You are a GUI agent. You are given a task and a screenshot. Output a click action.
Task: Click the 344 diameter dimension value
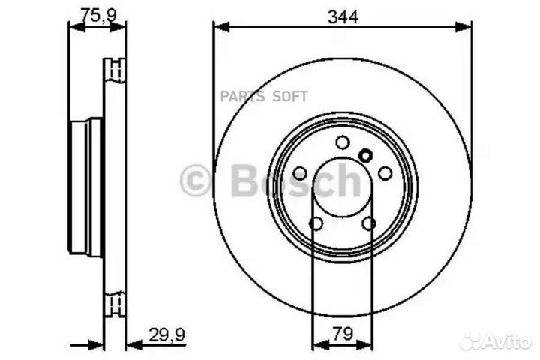[342, 13]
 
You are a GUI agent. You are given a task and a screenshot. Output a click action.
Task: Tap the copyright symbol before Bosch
[196, 181]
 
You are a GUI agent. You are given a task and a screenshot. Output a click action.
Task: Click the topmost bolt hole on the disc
[342, 142]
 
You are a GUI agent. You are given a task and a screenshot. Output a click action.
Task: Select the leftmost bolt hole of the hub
[300, 173]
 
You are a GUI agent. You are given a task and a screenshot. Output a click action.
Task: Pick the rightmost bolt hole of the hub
[385, 173]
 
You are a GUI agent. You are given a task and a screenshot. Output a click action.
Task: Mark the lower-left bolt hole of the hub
[316, 223]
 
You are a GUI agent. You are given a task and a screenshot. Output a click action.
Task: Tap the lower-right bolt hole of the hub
[368, 223]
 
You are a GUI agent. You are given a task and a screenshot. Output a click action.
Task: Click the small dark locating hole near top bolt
[365, 155]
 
